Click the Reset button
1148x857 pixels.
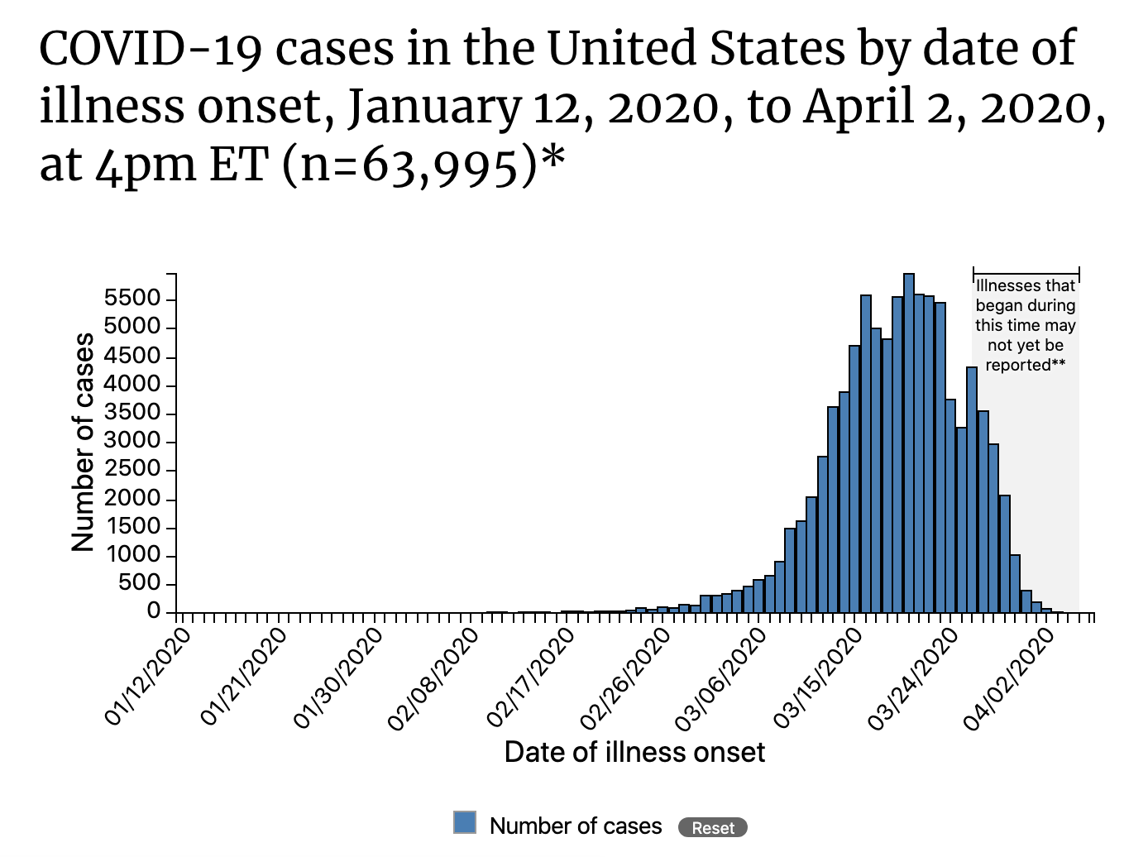click(712, 827)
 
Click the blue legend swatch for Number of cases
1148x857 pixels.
click(465, 822)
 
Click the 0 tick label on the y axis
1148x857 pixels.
click(153, 611)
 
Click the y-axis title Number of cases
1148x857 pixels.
click(83, 443)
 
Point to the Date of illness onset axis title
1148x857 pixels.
click(634, 752)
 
